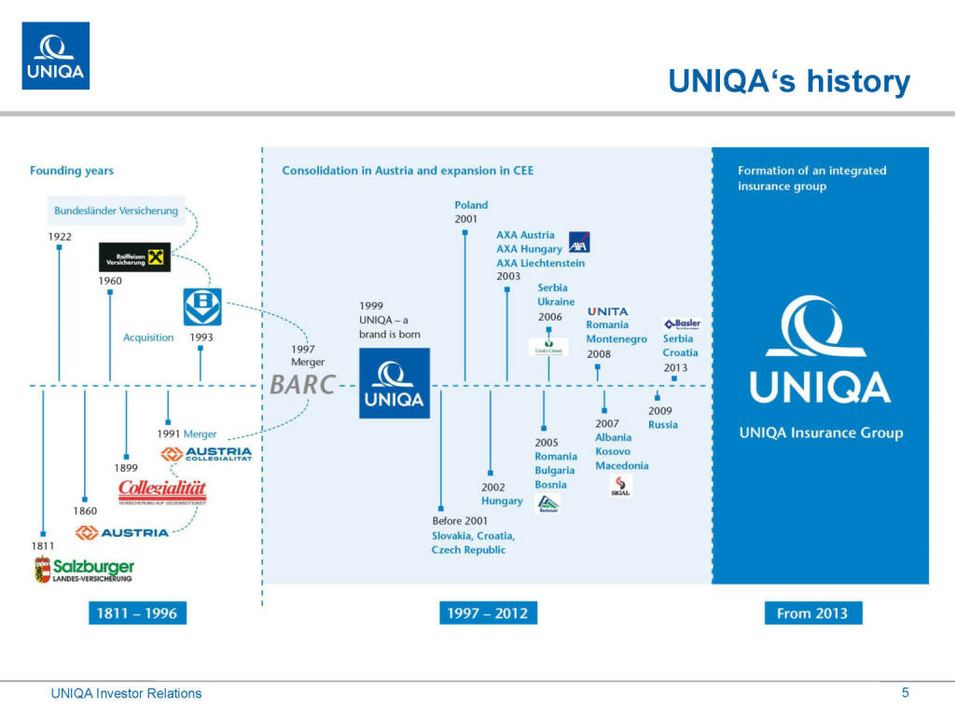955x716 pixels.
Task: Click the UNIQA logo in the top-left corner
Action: [x=56, y=56]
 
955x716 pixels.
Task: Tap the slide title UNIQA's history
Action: [x=789, y=81]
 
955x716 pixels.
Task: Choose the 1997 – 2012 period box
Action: [x=488, y=613]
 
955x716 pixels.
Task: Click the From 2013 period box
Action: [x=812, y=613]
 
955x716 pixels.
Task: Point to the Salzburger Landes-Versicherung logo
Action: [x=84, y=569]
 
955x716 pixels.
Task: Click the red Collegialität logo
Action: [x=162, y=490]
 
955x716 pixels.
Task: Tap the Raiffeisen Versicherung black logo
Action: [x=135, y=257]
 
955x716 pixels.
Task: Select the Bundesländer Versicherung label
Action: [x=116, y=211]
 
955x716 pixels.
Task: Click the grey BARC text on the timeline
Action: [x=301, y=385]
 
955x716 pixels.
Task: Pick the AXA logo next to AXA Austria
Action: [x=579, y=242]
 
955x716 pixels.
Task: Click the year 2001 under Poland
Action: [x=466, y=219]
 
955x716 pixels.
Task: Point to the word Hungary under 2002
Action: [x=502, y=501]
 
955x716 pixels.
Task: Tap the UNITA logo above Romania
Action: [x=608, y=311]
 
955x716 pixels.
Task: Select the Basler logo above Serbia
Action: [x=683, y=324]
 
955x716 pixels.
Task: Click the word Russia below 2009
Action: [x=663, y=425]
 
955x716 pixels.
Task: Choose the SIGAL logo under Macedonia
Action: [x=621, y=485]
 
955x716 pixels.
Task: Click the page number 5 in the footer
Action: [x=905, y=692]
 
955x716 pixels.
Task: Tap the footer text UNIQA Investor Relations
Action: [x=126, y=693]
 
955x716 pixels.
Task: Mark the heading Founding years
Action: [x=72, y=171]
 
